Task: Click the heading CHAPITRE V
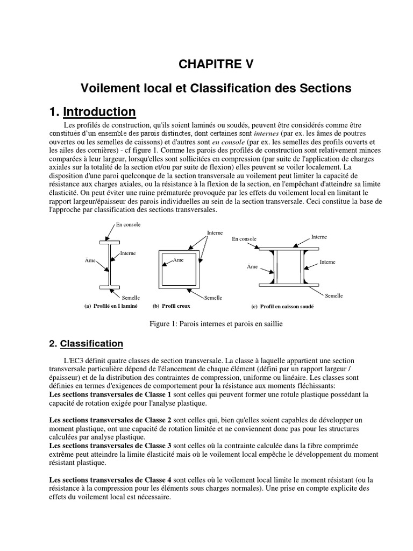215,65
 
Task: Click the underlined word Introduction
99,112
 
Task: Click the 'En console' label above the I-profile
128,224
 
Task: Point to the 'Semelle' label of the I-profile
131,297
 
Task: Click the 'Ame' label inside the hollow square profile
178,259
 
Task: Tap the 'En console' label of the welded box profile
244,238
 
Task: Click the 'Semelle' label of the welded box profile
333,295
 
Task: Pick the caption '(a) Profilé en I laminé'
111,306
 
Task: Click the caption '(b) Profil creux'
172,306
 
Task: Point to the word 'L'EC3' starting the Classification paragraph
75,360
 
